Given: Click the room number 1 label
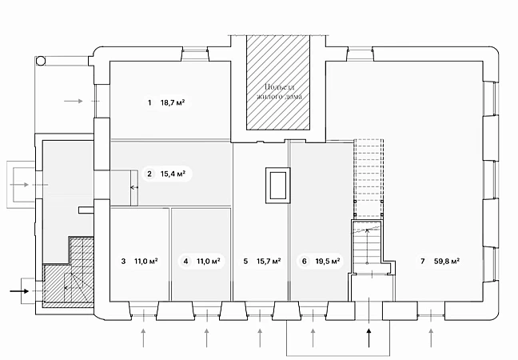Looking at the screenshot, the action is [149, 103].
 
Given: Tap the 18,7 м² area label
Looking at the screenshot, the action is [173, 102].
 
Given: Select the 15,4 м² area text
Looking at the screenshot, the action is [173, 174].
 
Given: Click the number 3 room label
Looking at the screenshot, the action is [123, 261].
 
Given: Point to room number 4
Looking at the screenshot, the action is [185, 261].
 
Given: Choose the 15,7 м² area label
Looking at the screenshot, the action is [269, 261].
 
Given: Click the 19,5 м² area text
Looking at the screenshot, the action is [328, 261].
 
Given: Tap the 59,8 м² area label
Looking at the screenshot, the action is [447, 261].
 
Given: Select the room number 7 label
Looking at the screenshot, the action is [423, 261].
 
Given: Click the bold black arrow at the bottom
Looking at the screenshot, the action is [369, 338].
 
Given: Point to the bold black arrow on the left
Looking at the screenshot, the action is [19, 291].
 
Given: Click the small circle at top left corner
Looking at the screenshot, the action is [41, 61].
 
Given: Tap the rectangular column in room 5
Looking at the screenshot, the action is [278, 185].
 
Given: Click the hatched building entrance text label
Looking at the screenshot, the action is [279, 91].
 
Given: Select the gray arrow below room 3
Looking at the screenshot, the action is [143, 338].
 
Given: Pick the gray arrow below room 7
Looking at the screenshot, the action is [431, 338].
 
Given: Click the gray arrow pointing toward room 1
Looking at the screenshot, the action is [74, 101].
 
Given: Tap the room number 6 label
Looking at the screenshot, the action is [305, 261].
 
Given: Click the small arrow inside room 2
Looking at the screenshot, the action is [134, 187].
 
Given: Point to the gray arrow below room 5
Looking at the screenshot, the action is [260, 338].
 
